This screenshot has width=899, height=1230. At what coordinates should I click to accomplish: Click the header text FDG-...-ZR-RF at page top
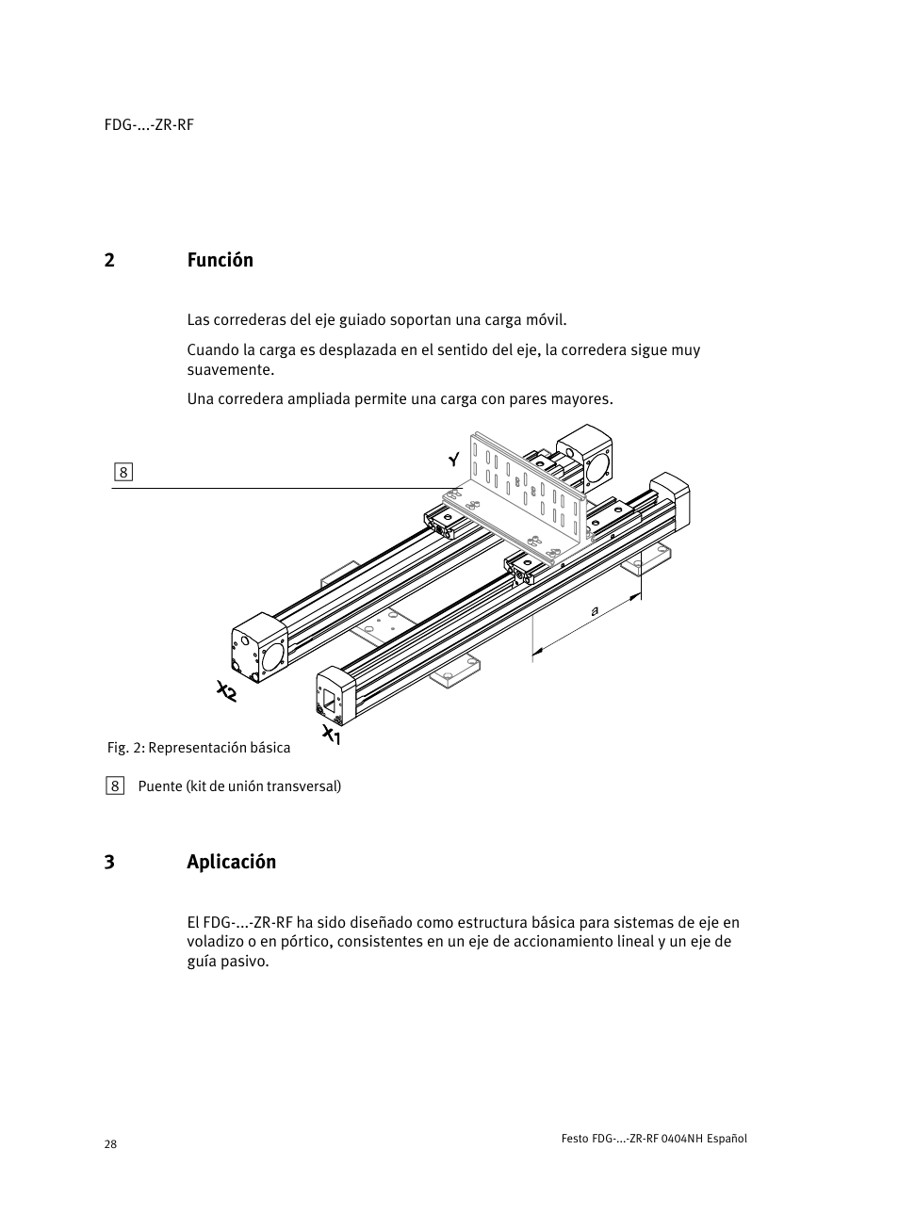(149, 125)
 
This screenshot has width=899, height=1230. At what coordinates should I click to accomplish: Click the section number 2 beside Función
(109, 260)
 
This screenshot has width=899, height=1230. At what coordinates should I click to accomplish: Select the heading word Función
(220, 260)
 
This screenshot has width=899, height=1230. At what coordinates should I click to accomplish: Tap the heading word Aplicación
(231, 862)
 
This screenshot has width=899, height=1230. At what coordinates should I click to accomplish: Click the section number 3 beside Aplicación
(109, 862)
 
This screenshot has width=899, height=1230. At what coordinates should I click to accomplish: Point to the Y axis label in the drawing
(454, 460)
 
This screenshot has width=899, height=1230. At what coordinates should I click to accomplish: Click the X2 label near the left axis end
(226, 691)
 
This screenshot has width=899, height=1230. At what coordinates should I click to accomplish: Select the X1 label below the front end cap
(331, 735)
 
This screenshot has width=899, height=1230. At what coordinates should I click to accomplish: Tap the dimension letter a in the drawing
(595, 610)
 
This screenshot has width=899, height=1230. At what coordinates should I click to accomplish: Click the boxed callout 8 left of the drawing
(123, 473)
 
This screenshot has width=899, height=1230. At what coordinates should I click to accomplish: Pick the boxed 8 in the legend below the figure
(115, 785)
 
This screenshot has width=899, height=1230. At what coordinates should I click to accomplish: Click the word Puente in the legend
(160, 786)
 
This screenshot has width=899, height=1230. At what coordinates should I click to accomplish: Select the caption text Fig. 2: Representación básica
(198, 748)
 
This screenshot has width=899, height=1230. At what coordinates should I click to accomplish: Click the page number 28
(110, 1144)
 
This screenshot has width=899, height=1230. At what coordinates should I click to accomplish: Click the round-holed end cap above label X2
(259, 648)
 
